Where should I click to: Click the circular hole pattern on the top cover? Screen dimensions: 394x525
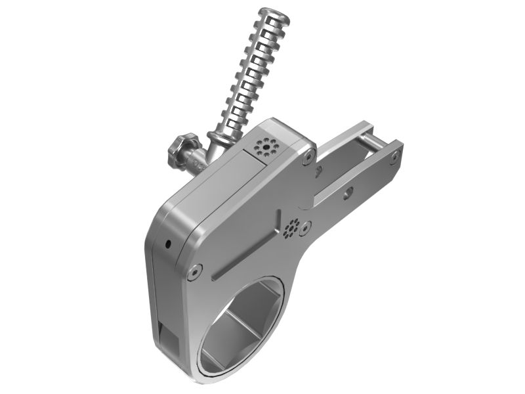tap(266, 146)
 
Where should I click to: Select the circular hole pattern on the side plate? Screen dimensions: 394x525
tap(291, 227)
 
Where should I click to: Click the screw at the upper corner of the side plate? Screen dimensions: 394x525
tap(307, 157)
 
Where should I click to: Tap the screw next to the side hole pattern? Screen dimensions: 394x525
tap(304, 230)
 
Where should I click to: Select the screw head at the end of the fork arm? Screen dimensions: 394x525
tap(394, 156)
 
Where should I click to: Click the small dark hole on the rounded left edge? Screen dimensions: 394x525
tap(168, 244)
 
